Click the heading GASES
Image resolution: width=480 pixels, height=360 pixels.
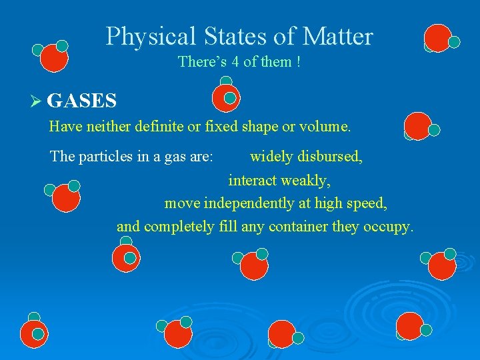pos(82,101)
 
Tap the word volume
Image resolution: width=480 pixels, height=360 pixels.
pos(325,126)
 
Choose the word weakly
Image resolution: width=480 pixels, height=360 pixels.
pos(307,180)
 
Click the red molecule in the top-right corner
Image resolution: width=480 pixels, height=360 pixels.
pos(439,39)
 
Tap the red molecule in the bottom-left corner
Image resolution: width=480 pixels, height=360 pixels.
pos(33,333)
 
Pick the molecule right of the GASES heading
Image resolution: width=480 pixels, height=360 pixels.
pos(225,97)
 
